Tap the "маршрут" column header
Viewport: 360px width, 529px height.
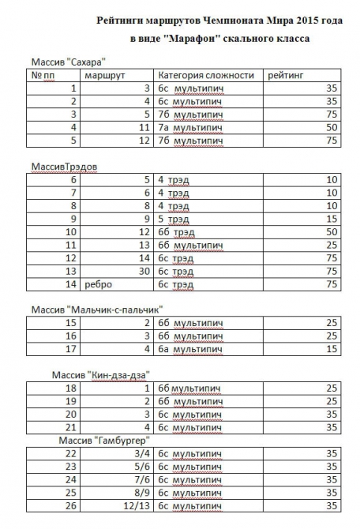(106, 75)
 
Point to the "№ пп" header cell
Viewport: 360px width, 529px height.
(47, 75)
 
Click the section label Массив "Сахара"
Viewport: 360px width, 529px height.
(68, 61)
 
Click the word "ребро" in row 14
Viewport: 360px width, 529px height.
(98, 284)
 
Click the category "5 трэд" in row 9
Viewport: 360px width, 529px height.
(173, 218)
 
